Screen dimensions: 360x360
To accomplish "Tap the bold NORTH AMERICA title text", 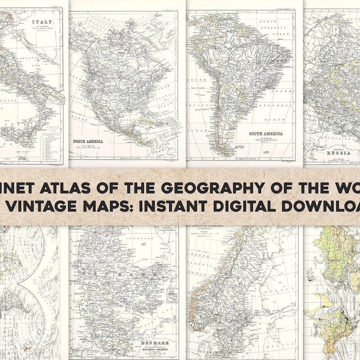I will tap(88, 141).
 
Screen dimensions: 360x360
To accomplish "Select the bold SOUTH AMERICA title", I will tap(267, 134).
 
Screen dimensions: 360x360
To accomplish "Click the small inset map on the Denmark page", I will tap(171, 296).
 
